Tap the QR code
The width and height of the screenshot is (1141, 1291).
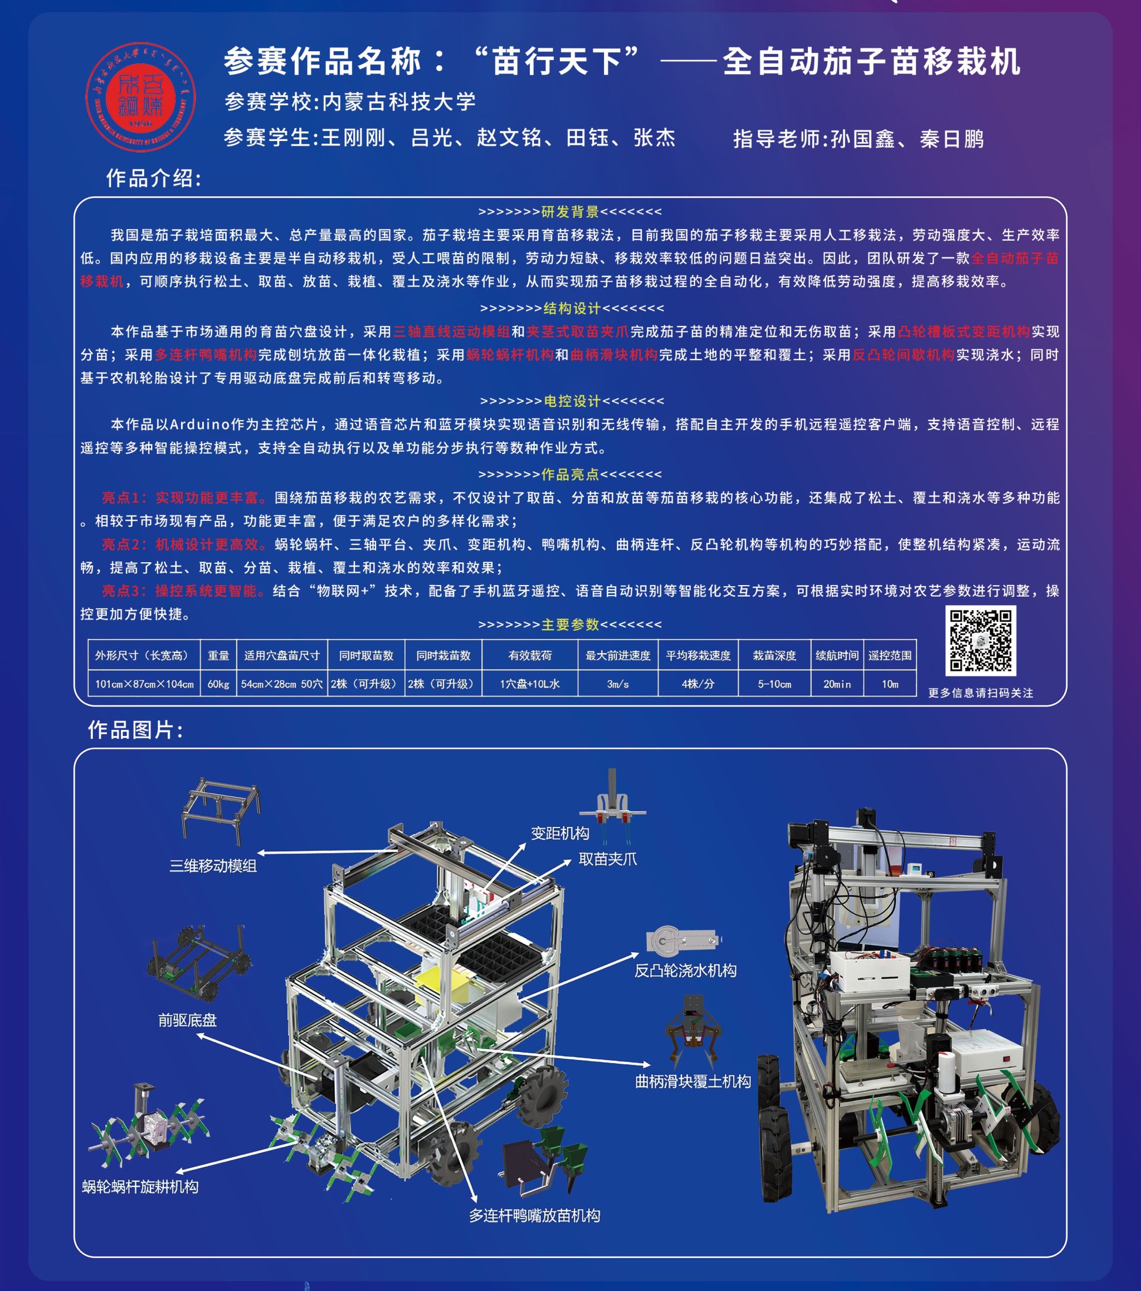point(980,640)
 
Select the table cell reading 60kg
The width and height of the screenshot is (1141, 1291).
point(218,684)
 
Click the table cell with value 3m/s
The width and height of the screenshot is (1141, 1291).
point(617,684)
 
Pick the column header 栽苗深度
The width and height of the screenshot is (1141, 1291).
point(774,656)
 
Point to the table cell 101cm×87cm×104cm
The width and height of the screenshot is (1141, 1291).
point(144,684)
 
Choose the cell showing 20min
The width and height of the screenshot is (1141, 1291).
point(837,684)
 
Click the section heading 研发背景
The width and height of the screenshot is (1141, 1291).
point(569,212)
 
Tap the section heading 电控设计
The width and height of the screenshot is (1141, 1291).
point(572,401)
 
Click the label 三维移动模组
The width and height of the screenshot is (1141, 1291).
point(213,866)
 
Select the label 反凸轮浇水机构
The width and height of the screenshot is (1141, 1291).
point(685,971)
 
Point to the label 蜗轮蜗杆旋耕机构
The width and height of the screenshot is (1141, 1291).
point(140,1187)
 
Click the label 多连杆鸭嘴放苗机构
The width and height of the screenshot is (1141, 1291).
point(534,1216)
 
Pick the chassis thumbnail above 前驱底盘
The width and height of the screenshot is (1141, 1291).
point(199,962)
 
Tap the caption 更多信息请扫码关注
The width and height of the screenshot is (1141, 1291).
point(980,693)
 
